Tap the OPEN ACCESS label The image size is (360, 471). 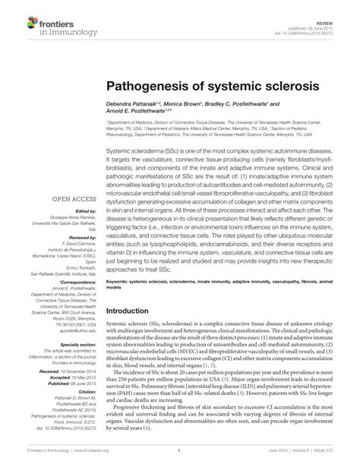coord(71,199)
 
